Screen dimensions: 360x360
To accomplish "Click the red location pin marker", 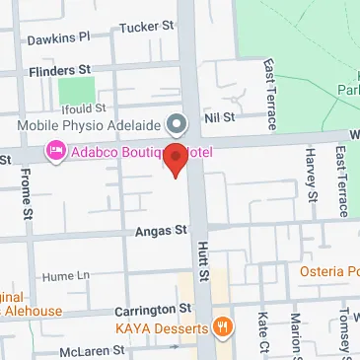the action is (175, 159).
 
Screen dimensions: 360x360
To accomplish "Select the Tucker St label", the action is (145, 27).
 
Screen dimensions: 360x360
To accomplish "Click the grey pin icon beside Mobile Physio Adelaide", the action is (177, 124).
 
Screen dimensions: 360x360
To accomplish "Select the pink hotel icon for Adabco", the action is (54, 152).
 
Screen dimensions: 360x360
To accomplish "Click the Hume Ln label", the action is (67, 276).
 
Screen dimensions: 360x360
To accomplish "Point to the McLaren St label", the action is (90, 350).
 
